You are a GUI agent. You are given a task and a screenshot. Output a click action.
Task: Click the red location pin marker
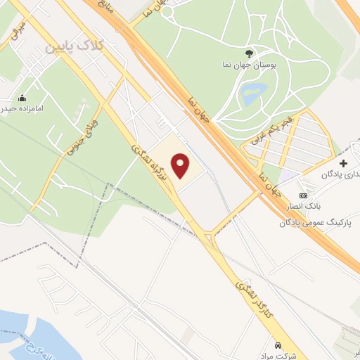click(182, 165)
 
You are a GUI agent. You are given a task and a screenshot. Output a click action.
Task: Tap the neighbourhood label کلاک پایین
click(75, 46)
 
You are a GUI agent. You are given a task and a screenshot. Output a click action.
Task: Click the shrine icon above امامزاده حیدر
click(22, 98)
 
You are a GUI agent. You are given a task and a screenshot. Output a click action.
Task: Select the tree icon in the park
click(248, 53)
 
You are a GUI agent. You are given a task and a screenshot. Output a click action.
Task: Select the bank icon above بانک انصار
click(303, 195)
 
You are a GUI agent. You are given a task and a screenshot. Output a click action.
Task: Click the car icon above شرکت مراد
click(279, 345)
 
